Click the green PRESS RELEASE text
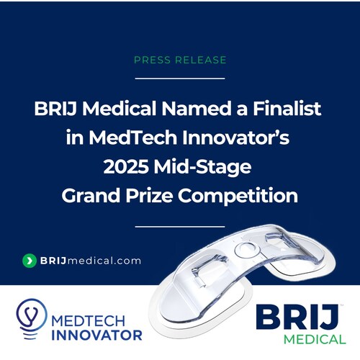coord(179,60)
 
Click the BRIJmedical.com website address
coord(89,261)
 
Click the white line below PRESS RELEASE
coord(180,77)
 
